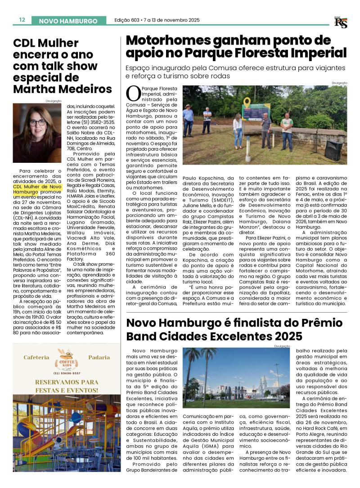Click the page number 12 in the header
(x=22, y=20)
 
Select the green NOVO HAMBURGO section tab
(x=68, y=21)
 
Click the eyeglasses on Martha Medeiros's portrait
(x=38, y=122)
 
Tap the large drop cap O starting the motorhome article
(x=133, y=94)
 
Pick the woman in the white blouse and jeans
(x=237, y=130)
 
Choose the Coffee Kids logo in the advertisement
(x=66, y=358)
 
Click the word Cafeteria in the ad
(x=36, y=358)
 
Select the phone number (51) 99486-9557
(x=67, y=373)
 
